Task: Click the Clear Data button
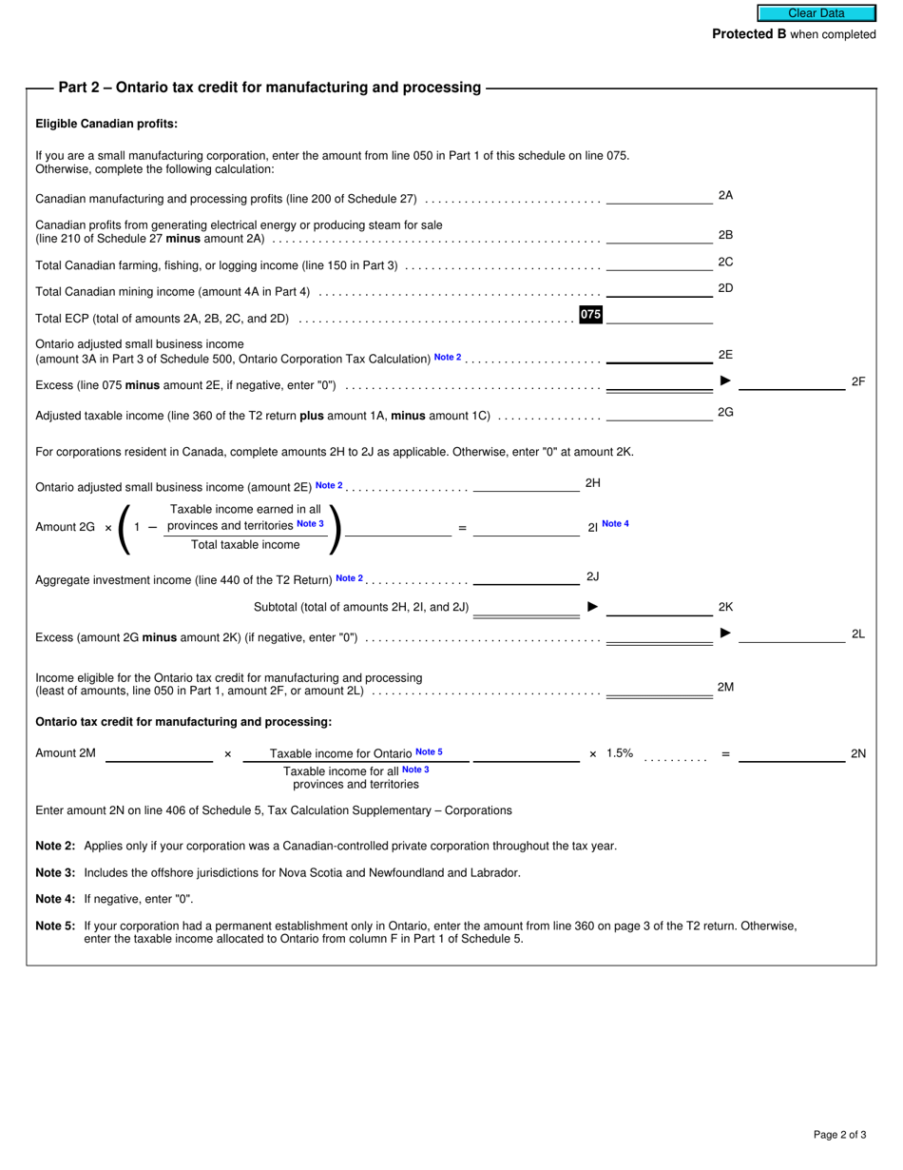point(816,13)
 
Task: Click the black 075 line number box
point(590,315)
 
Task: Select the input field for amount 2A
point(659,196)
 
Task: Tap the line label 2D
point(725,288)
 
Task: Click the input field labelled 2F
point(791,381)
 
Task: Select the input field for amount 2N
point(791,753)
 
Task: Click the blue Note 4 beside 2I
point(615,524)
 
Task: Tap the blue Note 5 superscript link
point(429,752)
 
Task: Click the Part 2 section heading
point(269,88)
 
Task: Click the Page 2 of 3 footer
point(839,1134)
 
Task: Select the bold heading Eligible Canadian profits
point(106,124)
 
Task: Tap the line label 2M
point(725,687)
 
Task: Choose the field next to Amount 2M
point(159,753)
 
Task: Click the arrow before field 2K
point(592,607)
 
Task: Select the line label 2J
point(592,576)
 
